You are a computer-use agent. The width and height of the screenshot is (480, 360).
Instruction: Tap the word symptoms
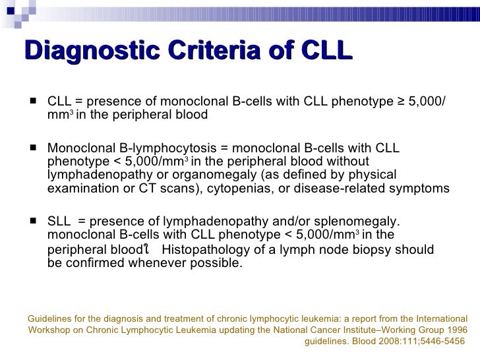pos(421,189)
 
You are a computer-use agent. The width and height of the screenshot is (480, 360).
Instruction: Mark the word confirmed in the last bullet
pos(92,264)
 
